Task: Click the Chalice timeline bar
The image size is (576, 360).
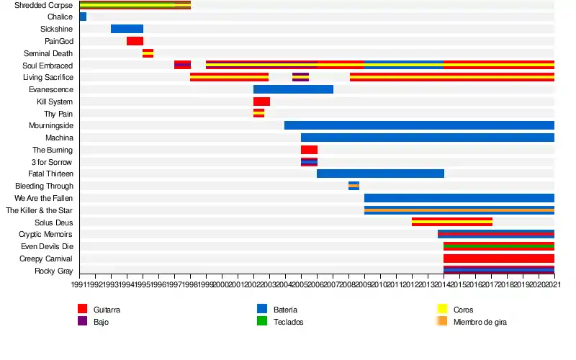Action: [83, 17]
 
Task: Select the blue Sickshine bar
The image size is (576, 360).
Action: [127, 29]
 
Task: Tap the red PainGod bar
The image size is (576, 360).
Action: [135, 41]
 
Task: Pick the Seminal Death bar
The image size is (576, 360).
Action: [148, 53]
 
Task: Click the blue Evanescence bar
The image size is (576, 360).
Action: [293, 89]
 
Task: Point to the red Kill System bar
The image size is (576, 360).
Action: [261, 102]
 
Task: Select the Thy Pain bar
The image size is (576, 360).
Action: [258, 113]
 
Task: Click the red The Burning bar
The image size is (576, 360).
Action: [309, 150]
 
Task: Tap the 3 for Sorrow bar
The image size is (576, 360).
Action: [309, 162]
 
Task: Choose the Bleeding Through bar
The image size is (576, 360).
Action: [354, 186]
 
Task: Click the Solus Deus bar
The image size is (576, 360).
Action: [452, 222]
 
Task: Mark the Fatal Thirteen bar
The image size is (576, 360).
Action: [380, 174]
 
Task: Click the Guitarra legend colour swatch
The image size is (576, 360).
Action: [82, 309]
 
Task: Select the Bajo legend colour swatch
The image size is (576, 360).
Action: [82, 321]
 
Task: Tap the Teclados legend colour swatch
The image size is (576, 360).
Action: [262, 321]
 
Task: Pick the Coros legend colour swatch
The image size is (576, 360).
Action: [443, 309]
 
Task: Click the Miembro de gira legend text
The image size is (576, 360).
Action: [480, 322]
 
